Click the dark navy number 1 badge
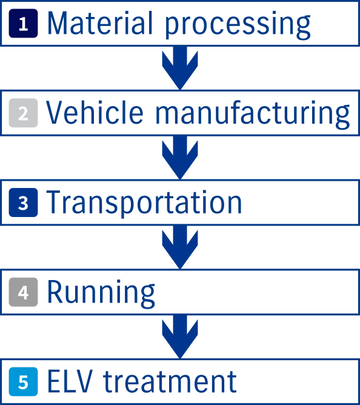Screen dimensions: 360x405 tap(23, 23)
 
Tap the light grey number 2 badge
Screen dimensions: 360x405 tap(23, 113)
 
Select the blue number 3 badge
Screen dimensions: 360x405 tap(23, 202)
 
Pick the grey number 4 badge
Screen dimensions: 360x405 tap(23, 292)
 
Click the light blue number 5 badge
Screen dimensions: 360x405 tap(23, 382)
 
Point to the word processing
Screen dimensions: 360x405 tap(238, 26)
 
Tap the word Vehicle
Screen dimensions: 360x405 tap(95, 112)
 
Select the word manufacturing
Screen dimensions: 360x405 tap(253, 115)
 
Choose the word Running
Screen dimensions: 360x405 tap(101, 294)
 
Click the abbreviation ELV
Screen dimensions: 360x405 tap(70, 381)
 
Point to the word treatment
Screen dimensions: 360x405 tap(170, 381)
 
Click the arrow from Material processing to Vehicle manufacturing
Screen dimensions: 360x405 tap(180, 68)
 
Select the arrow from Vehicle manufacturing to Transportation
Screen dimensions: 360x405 tap(180, 157)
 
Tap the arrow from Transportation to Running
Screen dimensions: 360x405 tap(180, 247)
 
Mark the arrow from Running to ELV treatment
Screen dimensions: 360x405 tap(180, 336)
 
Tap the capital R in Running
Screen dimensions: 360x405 tap(55, 292)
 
